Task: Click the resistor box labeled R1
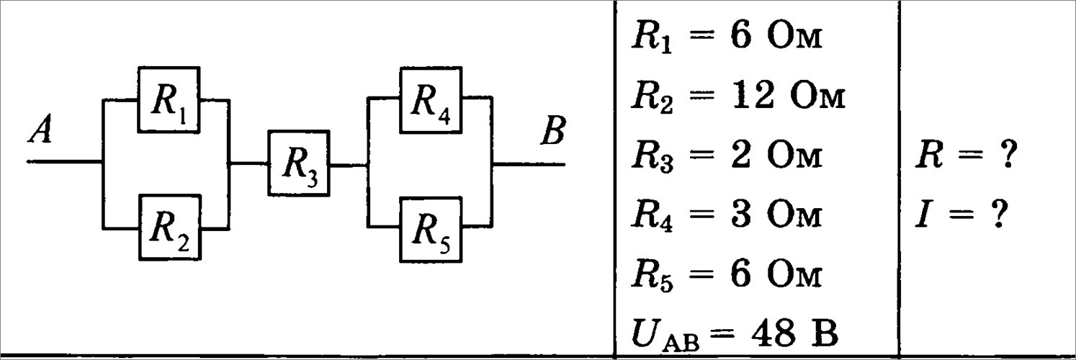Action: point(169,99)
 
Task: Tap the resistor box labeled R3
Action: point(300,163)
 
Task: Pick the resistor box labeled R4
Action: point(431,99)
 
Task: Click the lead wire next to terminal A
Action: point(65,162)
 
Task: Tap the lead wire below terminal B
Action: point(529,163)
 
